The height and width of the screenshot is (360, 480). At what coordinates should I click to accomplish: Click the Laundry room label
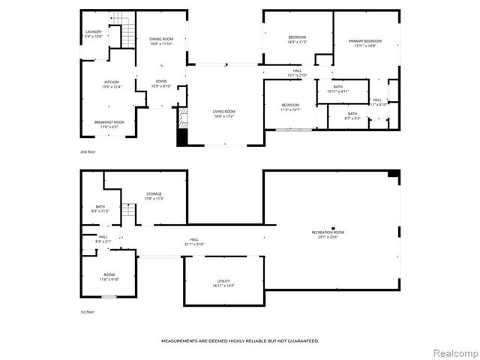tap(94, 31)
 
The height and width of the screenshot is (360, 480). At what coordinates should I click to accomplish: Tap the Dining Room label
tap(161, 38)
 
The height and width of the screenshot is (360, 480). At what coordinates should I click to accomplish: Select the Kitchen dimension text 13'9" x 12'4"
tap(110, 87)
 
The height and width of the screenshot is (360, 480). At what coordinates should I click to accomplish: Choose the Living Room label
tap(224, 111)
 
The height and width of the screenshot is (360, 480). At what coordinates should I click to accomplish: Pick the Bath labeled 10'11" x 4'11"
tap(339, 87)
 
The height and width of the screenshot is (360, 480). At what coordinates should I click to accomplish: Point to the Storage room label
tap(154, 194)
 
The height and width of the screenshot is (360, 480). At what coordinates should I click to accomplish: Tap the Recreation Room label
tap(328, 232)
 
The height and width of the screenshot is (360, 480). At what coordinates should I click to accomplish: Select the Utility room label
tap(223, 281)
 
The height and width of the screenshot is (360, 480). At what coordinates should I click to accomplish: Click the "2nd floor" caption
tap(88, 151)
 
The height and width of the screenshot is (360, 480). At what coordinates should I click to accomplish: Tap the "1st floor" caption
tap(88, 311)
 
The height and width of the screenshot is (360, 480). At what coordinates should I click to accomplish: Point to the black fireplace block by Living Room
tap(180, 137)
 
